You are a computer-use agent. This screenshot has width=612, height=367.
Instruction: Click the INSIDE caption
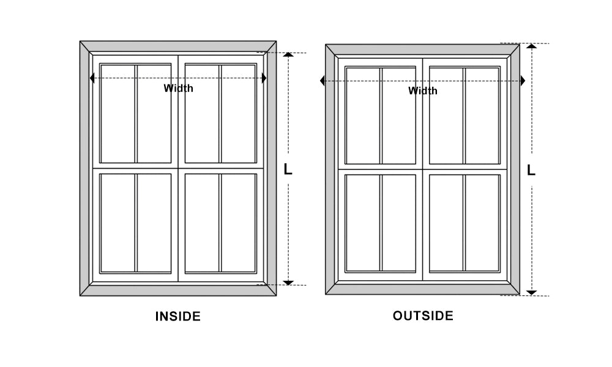tap(178, 316)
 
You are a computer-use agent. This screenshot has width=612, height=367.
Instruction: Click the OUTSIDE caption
tap(423, 316)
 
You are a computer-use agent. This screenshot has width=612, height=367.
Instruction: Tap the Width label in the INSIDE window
tap(178, 88)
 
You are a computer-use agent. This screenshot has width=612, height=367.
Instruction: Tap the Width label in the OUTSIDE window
tap(423, 91)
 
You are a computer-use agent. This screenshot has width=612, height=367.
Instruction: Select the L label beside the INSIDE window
tap(288, 169)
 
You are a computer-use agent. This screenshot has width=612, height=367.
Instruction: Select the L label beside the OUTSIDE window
tap(531, 170)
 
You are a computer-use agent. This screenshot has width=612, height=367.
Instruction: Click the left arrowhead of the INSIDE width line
tap(92, 78)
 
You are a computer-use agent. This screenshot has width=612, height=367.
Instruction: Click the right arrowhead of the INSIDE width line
tap(264, 78)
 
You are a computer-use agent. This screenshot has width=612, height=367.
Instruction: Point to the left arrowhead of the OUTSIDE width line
tap(323, 81)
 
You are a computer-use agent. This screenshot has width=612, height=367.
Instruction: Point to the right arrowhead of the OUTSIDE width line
tap(523, 81)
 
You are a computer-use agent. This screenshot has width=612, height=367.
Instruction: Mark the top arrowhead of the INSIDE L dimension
tap(288, 54)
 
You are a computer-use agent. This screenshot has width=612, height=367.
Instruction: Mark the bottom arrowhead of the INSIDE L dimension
tap(288, 283)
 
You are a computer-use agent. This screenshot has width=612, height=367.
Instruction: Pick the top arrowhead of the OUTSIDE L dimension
tap(532, 46)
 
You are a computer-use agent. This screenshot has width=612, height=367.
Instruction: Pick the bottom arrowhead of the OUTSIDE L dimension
tap(532, 292)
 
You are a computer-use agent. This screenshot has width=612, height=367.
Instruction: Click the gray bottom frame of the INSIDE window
tap(178, 290)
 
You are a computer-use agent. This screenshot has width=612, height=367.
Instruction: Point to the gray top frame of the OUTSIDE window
tap(423, 50)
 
